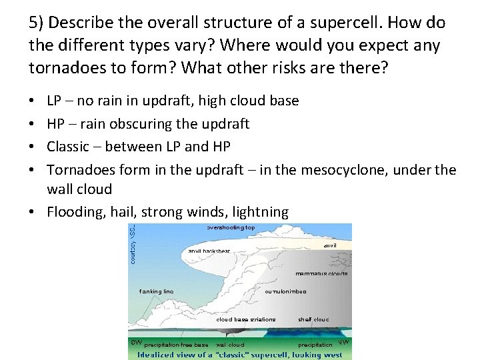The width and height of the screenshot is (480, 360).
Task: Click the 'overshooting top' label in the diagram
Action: pos(230,227)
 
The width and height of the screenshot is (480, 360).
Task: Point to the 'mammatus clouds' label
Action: pos(321,273)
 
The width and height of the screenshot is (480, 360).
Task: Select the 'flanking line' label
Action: pos(156,291)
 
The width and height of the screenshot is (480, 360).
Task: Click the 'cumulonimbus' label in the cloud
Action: pos(286,291)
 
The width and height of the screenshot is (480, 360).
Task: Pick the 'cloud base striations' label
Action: pos(245,319)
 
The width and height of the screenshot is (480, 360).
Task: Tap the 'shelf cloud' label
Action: pos(313,319)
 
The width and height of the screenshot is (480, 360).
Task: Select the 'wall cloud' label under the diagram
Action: pos(230,345)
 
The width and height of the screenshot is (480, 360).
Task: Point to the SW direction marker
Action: pos(136,341)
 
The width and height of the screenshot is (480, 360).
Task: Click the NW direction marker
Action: pos(344,342)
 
